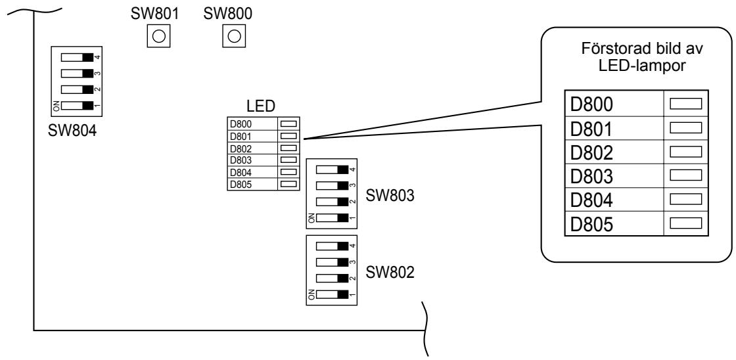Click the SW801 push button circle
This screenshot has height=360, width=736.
click(158, 35)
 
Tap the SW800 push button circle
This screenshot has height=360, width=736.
click(234, 35)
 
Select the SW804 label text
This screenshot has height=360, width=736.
click(72, 131)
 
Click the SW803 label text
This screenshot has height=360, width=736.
click(390, 196)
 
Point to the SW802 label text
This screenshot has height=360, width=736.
click(390, 272)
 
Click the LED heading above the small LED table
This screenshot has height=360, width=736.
click(260, 106)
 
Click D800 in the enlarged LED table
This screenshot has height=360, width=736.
click(591, 104)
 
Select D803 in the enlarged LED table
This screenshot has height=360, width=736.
click(591, 177)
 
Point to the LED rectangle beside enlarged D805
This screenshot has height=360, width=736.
click(685, 223)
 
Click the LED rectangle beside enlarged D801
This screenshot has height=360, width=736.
click(685, 127)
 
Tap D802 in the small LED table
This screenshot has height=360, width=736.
click(241, 148)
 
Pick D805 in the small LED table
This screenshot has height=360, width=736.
click(241, 185)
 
